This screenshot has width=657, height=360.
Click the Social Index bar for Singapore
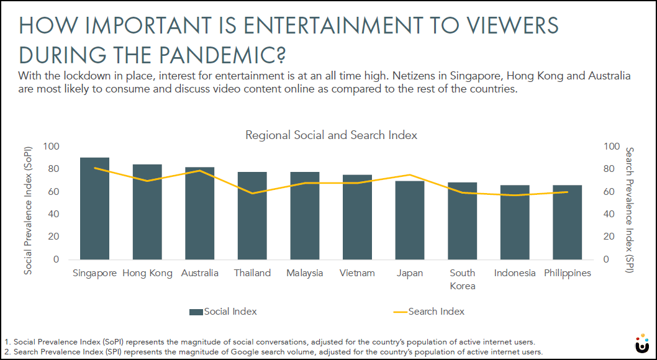pyautogui.click(x=94, y=209)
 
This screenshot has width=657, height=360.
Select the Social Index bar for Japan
pyautogui.click(x=410, y=220)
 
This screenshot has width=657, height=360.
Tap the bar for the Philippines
pyautogui.click(x=568, y=222)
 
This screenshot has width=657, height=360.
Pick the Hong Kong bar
pyautogui.click(x=147, y=212)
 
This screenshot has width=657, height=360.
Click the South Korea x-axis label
pyautogui.click(x=462, y=279)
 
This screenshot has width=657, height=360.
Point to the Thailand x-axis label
pyautogui.click(x=252, y=273)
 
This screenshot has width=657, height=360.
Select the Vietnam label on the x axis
pyautogui.click(x=357, y=273)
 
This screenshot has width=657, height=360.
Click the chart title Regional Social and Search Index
pyautogui.click(x=331, y=135)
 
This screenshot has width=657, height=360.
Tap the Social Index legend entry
pyautogui.click(x=223, y=311)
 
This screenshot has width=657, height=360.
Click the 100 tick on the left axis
pyautogui.click(x=52, y=146)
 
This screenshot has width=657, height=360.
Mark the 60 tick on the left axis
pyautogui.click(x=54, y=192)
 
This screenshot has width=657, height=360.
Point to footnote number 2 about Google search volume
pyautogui.click(x=273, y=352)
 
